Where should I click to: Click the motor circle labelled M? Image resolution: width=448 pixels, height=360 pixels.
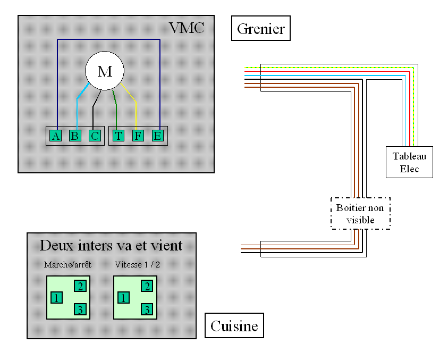tap(105, 71)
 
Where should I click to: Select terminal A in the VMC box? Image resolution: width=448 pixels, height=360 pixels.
tap(56, 136)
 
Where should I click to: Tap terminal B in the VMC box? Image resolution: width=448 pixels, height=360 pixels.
tap(75, 136)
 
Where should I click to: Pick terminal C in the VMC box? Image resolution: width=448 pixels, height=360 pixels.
tap(94, 136)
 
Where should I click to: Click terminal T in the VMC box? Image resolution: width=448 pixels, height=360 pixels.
tap(118, 136)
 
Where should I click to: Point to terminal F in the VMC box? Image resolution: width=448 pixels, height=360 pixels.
tap(138, 136)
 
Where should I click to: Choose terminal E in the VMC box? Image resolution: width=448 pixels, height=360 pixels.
tap(157, 136)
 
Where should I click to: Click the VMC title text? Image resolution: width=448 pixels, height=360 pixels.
tap(186, 28)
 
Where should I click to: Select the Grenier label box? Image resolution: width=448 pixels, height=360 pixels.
tap(261, 28)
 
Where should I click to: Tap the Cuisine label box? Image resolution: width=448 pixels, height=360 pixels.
tap(234, 325)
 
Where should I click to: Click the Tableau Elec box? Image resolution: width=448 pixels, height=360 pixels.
tap(409, 162)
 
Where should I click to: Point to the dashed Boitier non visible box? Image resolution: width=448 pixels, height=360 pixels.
tap(360, 213)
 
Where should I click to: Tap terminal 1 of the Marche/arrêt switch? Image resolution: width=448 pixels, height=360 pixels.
tap(56, 297)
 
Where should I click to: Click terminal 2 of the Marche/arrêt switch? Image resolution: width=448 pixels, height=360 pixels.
tap(80, 286)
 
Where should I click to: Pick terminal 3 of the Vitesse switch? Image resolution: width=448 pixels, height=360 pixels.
tap(147, 309)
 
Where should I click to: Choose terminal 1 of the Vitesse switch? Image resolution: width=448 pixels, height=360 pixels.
tap(123, 297)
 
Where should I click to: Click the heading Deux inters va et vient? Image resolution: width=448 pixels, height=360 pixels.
tap(111, 245)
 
